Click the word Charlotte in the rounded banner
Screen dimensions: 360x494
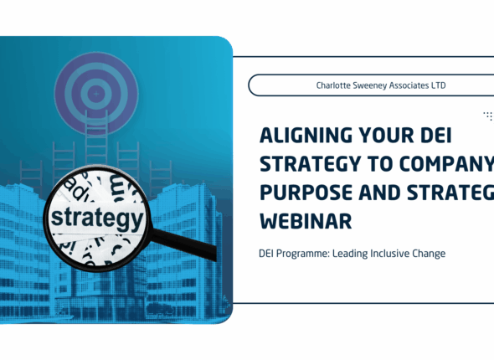(335, 85)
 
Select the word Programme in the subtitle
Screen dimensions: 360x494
(311, 254)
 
